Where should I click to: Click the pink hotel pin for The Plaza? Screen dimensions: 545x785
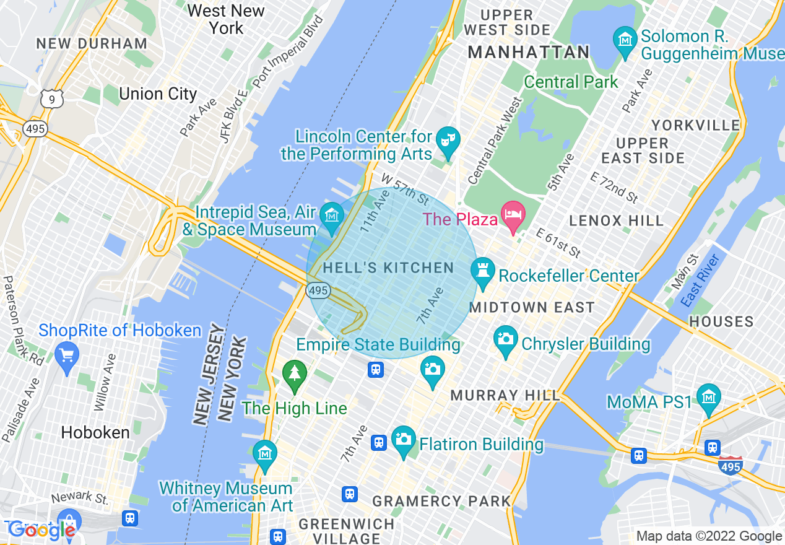point(513,215)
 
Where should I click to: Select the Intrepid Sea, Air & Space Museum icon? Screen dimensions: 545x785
point(333,217)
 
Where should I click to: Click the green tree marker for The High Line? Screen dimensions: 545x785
point(295,374)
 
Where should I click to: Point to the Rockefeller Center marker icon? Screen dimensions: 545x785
point(483,271)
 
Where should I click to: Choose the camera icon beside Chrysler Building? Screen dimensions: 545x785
point(506,339)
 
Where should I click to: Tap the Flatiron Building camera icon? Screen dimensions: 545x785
point(403,439)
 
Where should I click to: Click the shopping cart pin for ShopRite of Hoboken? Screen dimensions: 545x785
point(66,355)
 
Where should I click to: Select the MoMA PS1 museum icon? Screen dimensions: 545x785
point(708,397)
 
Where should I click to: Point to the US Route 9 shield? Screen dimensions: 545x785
point(53,98)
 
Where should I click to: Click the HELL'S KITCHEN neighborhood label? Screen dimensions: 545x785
point(389,268)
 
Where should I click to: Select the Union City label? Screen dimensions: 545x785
point(158,94)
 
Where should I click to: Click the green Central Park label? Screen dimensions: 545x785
point(571,82)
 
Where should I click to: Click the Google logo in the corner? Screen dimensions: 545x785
point(42,530)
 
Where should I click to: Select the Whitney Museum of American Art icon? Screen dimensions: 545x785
point(265,455)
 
